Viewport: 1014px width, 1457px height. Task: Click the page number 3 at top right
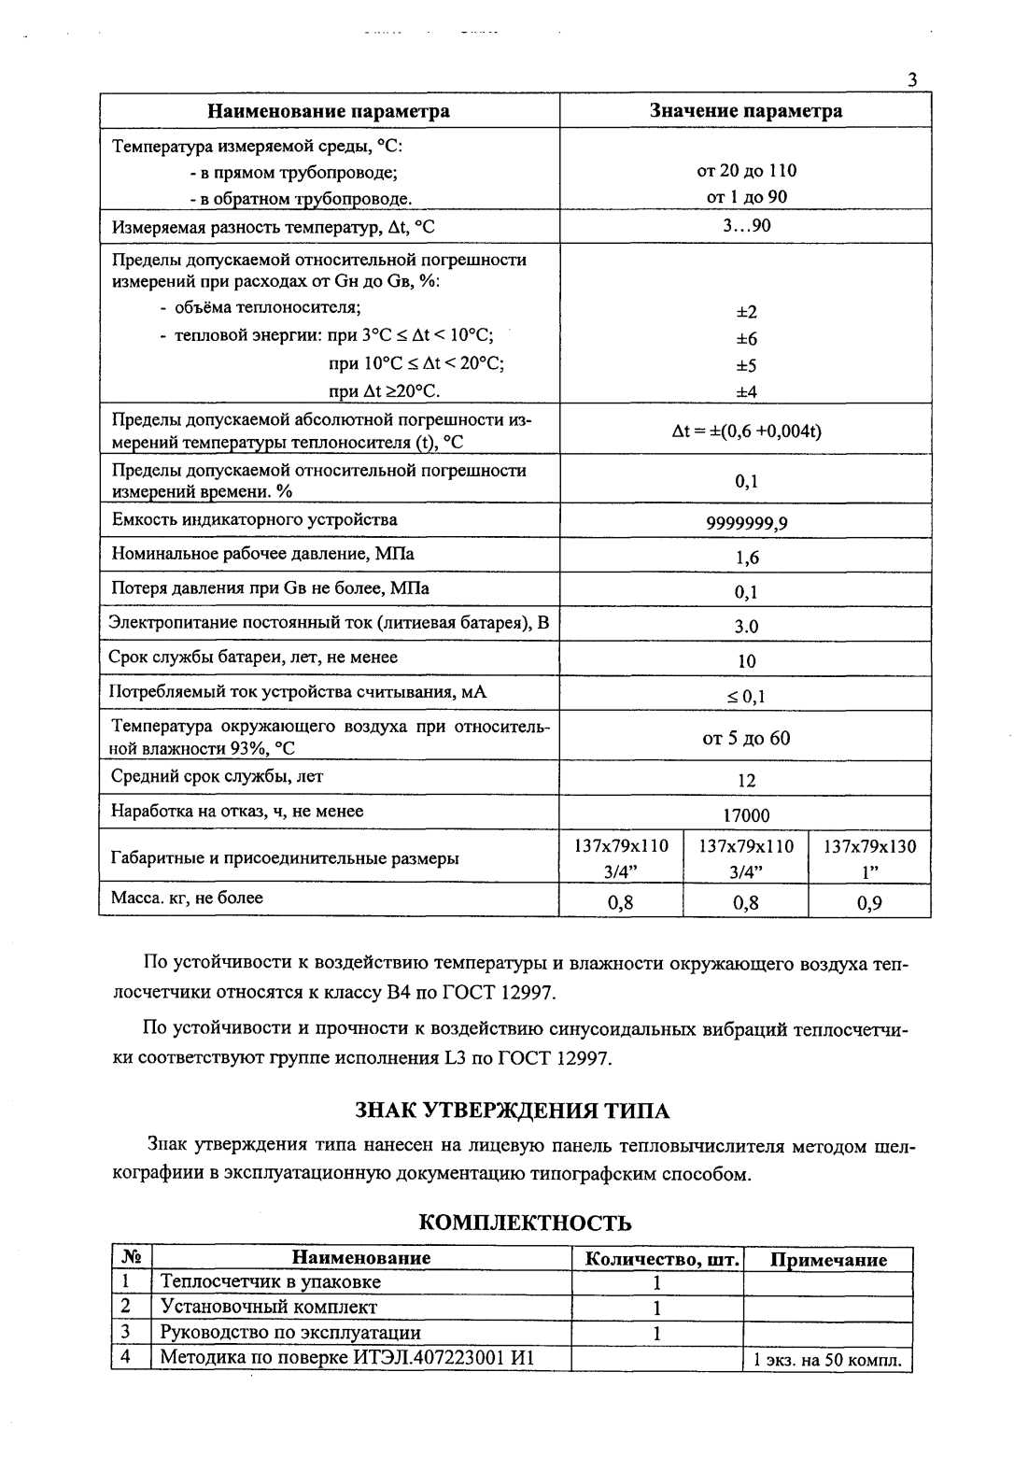912,80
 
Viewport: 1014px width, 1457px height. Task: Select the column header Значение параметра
745,111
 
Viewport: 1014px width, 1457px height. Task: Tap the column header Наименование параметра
328,111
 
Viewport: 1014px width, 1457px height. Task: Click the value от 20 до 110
746,171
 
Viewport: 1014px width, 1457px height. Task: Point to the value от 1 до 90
746,197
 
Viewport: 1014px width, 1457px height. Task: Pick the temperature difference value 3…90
746,226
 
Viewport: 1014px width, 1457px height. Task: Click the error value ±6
746,339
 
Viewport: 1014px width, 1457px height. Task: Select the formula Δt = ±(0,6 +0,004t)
746,431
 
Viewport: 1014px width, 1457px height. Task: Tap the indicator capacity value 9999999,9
746,523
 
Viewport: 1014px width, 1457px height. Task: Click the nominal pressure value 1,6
746,558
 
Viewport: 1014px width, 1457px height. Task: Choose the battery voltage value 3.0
746,627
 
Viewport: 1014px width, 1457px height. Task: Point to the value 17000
746,815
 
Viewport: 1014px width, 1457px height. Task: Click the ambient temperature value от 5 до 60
746,739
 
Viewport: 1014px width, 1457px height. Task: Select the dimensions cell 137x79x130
869,847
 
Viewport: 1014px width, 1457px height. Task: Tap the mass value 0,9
869,902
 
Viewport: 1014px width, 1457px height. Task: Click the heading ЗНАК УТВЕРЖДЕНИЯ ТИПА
513,1110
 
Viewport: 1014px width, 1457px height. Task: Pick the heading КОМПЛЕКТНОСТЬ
524,1223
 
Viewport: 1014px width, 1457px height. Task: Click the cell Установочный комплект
269,1308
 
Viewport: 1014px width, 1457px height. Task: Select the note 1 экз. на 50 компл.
827,1360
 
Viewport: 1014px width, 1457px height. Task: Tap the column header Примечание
827,1259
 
